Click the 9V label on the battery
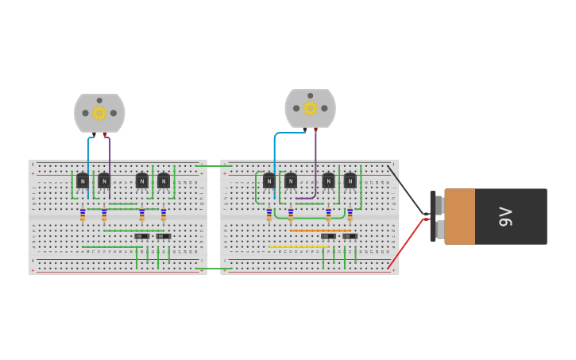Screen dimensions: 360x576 pyautogui.click(x=505, y=216)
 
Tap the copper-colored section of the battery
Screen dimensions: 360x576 pyautogui.click(x=460, y=216)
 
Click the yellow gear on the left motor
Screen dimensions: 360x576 pyautogui.click(x=99, y=113)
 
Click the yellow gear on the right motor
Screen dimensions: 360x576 pyautogui.click(x=310, y=108)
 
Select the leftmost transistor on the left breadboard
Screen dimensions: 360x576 pyautogui.click(x=83, y=181)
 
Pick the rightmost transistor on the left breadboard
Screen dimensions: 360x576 pyautogui.click(x=164, y=181)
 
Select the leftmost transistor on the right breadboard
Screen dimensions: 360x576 pyautogui.click(x=269, y=181)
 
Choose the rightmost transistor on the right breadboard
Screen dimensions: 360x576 pyautogui.click(x=350, y=181)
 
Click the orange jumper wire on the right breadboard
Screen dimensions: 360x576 pyautogui.click(x=320, y=230)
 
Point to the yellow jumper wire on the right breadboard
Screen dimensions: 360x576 pyautogui.click(x=298, y=247)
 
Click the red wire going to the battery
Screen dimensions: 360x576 pyautogui.click(x=405, y=244)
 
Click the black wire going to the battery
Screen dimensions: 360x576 pyautogui.click(x=405, y=189)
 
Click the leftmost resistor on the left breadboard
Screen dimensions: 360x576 pyautogui.click(x=83, y=215)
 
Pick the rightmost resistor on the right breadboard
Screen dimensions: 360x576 pyautogui.click(x=350, y=215)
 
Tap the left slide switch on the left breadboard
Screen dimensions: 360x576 pyautogui.click(x=141, y=236)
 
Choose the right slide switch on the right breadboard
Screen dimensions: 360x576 pyautogui.click(x=350, y=236)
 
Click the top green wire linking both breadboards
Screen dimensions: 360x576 pyautogui.click(x=214, y=165)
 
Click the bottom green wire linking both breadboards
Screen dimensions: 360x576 pyautogui.click(x=214, y=269)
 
